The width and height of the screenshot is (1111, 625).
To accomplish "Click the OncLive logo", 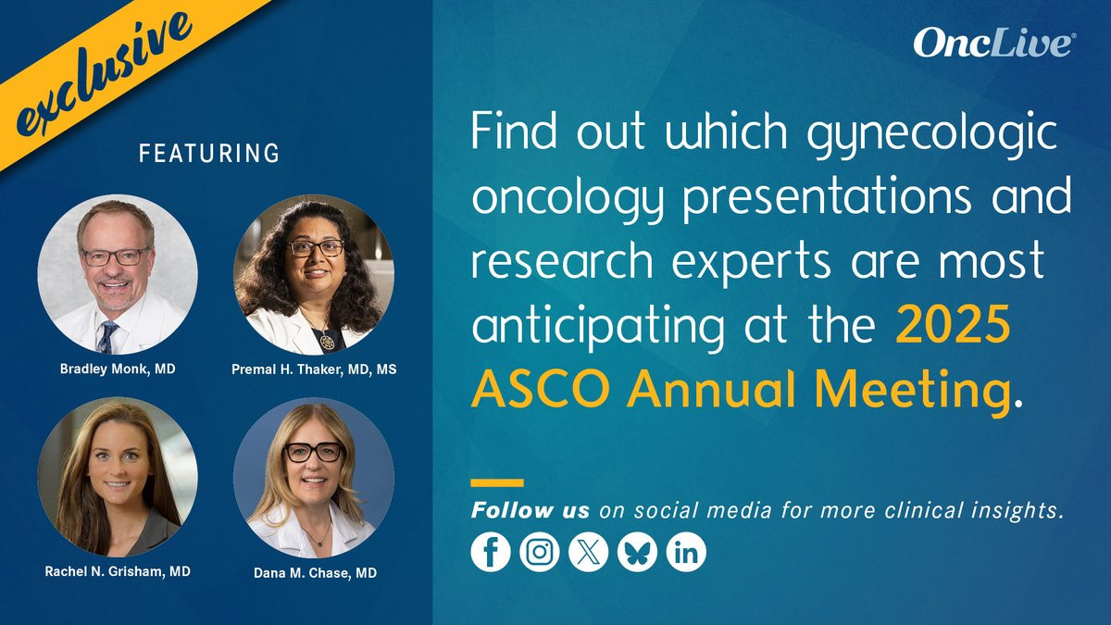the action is [992, 43].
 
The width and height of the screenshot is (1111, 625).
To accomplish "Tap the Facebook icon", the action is [491, 552].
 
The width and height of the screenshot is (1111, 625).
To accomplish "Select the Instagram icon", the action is [540, 552].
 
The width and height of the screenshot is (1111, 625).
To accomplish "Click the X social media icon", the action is [588, 552].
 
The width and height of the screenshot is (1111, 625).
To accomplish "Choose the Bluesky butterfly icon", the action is [637, 552].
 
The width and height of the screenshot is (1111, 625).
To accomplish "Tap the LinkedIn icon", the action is [686, 552].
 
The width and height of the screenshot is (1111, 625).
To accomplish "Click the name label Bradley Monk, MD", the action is [118, 369].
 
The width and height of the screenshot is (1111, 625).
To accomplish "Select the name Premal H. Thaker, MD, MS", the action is [314, 369].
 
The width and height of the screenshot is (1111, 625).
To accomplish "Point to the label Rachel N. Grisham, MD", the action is [118, 571].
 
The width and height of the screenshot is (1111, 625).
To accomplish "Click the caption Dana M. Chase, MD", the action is [315, 573].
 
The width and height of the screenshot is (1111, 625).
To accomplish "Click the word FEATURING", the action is [209, 154].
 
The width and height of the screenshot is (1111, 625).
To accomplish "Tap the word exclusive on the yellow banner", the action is [104, 74].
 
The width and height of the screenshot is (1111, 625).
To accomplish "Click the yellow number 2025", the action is [953, 325].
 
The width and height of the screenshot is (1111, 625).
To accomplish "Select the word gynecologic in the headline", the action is [931, 134].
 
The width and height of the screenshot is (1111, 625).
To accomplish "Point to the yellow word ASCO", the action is [541, 389].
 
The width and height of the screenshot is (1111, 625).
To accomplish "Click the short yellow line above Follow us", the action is [497, 482].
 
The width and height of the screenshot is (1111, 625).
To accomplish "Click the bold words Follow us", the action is [531, 510].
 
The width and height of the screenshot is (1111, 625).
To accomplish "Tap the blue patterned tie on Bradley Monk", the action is [107, 336].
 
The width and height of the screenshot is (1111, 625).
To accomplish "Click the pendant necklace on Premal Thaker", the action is [326, 341].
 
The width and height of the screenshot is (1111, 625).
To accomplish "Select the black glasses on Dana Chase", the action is [314, 452].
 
